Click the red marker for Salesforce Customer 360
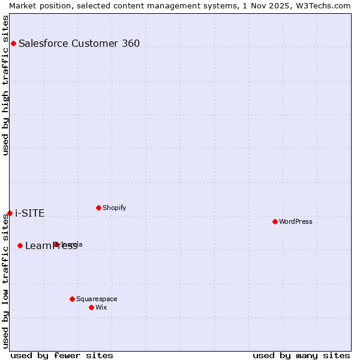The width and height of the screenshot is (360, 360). tap(13, 43)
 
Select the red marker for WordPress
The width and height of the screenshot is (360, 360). tap(275, 221)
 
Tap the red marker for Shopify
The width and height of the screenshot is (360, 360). tap(98, 208)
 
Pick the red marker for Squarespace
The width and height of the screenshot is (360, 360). tap(72, 299)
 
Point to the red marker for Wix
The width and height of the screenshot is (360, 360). tap(91, 307)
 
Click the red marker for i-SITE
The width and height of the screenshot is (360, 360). tap(10, 213)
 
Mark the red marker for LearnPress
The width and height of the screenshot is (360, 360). tap(20, 245)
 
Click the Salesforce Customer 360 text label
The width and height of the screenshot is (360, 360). tap(79, 43)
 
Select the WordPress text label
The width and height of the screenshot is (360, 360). tap(296, 221)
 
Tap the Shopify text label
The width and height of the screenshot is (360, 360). tap(114, 208)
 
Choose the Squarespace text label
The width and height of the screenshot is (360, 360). tap(97, 299)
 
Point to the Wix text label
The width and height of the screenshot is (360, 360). tap(101, 307)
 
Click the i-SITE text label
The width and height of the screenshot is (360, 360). tap(30, 213)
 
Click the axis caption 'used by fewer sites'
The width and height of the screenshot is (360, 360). tap(62, 355)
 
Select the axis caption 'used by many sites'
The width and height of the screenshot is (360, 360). tap(301, 355)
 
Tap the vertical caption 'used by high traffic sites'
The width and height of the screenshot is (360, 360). tap(5, 85)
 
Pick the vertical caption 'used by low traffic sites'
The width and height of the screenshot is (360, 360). tap(5, 281)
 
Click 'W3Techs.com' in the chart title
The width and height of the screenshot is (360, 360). tap(323, 5)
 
